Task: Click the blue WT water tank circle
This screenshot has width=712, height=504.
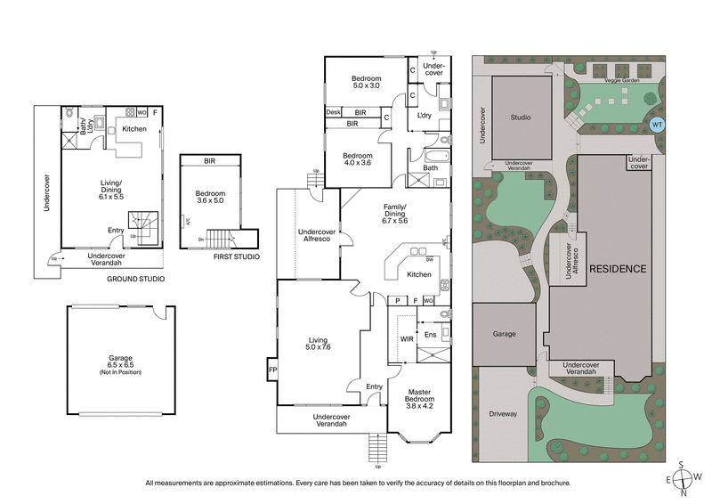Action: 657,126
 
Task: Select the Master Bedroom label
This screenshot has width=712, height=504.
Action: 420,396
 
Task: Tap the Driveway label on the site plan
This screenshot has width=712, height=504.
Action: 504,414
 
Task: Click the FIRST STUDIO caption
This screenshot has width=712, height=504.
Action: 237,257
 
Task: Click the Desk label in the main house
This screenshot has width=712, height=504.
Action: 334,112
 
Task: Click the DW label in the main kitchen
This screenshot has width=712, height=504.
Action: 430,259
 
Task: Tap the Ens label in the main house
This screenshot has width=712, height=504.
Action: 430,335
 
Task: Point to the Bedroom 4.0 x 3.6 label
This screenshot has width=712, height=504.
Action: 362,159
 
